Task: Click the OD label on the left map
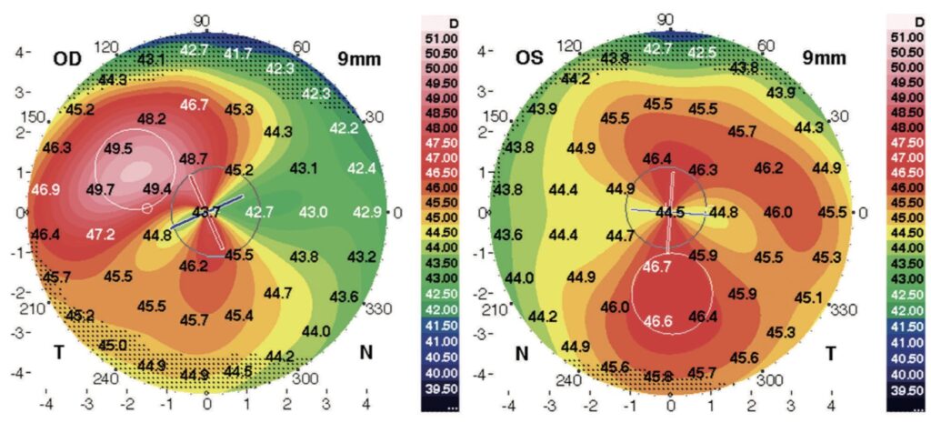click(67, 58)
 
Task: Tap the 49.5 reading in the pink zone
click(118, 149)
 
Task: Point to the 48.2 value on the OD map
click(150, 119)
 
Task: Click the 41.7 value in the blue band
click(237, 55)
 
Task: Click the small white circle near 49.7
click(147, 209)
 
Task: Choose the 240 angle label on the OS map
click(568, 380)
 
